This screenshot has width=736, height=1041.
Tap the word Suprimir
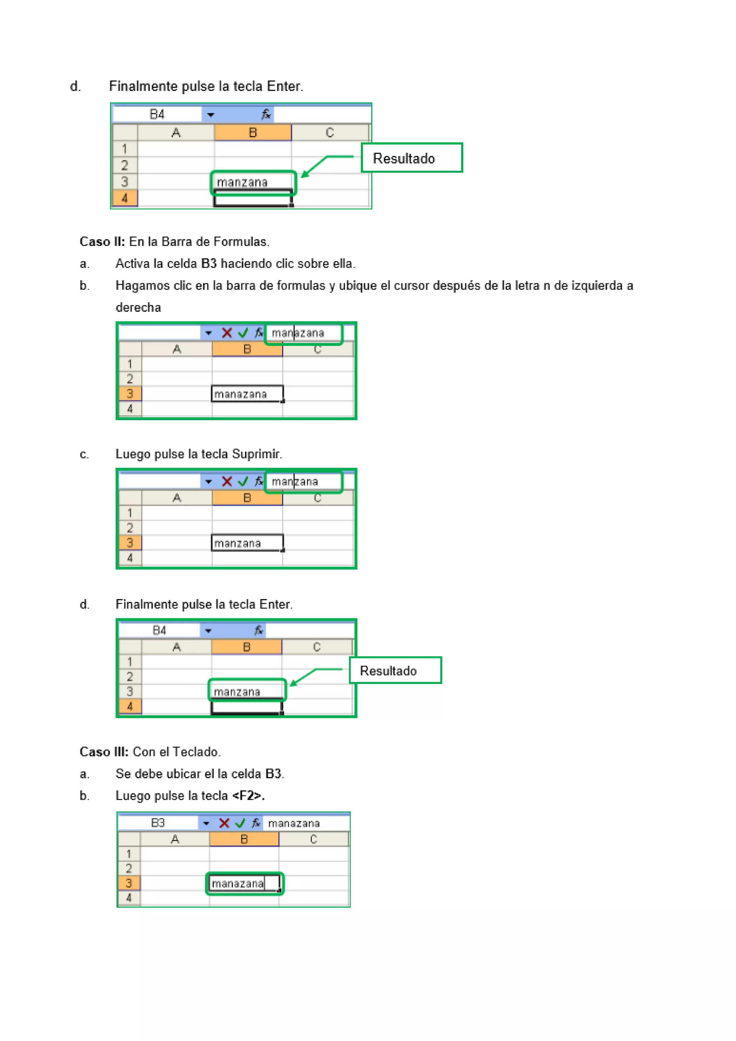click(256, 454)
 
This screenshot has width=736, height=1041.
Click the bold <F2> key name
click(248, 796)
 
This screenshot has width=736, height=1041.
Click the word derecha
click(138, 307)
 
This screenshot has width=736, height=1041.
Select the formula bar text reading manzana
click(295, 482)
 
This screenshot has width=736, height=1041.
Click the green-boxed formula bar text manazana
click(298, 333)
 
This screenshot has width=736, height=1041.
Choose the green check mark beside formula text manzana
click(243, 482)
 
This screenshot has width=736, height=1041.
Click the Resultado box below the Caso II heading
click(395, 670)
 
